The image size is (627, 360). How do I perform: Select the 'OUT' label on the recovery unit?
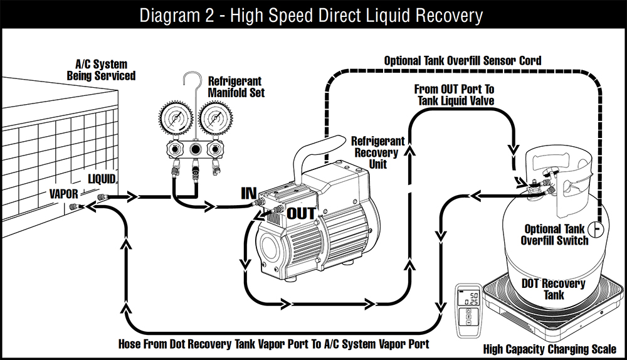(x=301, y=213)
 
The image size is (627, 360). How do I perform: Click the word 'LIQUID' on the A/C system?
(x=102, y=179)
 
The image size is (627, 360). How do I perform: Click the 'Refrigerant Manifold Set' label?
(x=236, y=87)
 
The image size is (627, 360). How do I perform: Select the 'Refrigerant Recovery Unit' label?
(x=377, y=152)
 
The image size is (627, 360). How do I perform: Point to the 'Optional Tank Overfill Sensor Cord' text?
(x=462, y=61)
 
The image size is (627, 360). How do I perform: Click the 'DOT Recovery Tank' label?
(x=553, y=289)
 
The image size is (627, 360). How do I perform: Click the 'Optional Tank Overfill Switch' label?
(x=556, y=235)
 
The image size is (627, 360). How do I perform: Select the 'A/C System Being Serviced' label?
(x=101, y=70)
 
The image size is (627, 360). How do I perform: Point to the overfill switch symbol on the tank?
(x=599, y=230)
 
